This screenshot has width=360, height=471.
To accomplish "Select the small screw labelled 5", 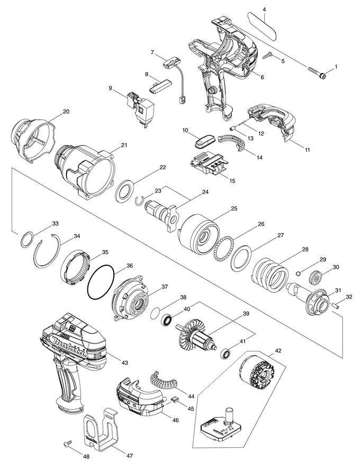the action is click(x=267, y=56).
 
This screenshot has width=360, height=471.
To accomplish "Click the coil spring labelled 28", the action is click(x=269, y=275).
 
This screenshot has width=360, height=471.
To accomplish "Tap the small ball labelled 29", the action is click(x=299, y=273).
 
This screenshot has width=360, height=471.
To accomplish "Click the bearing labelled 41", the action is click(x=226, y=353).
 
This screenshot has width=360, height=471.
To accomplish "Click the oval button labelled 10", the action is click(x=203, y=141).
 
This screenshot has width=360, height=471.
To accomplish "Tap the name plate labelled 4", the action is click(x=262, y=26).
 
